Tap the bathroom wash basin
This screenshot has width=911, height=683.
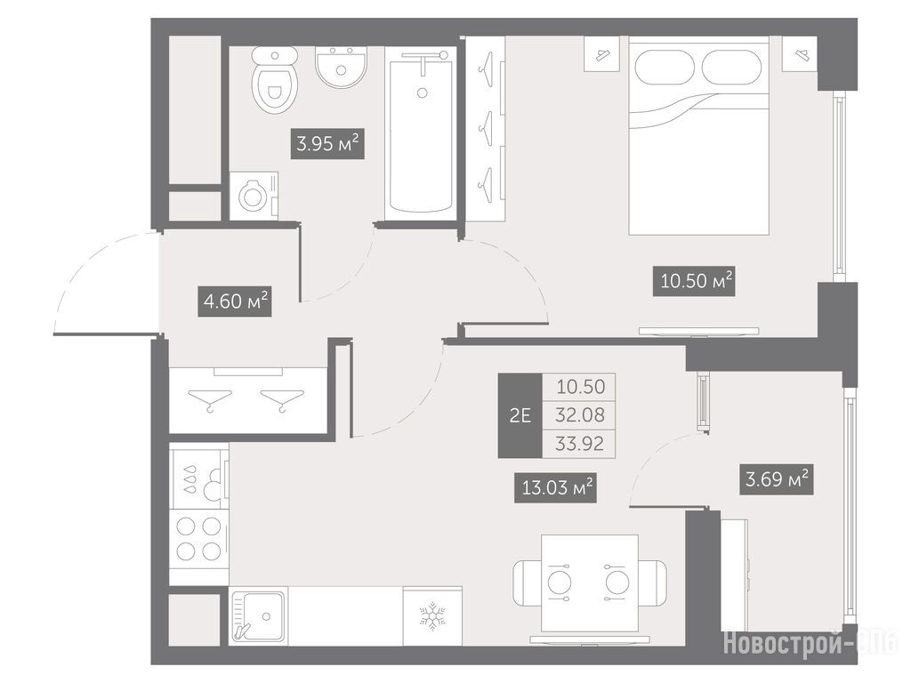pyautogui.click(x=341, y=68)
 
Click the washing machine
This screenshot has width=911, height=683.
pyautogui.click(x=254, y=196)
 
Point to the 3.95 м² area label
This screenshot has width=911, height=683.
pyautogui.click(x=327, y=143)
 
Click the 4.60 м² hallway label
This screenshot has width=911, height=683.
pyautogui.click(x=235, y=301)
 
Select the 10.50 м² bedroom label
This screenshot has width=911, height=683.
pyautogui.click(x=694, y=281)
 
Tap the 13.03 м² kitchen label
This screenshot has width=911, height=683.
pyautogui.click(x=556, y=487)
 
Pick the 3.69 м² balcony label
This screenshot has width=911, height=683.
pyautogui.click(x=776, y=479)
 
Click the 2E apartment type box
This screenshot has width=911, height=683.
pyautogui.click(x=520, y=415)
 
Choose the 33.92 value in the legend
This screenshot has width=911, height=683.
pyautogui.click(x=579, y=444)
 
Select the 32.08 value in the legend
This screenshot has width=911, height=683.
pyautogui.click(x=579, y=415)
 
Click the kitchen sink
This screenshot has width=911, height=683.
pyautogui.click(x=258, y=617)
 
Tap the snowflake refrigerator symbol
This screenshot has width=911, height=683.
pyautogui.click(x=432, y=617)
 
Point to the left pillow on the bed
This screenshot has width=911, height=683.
pyautogui.click(x=665, y=67)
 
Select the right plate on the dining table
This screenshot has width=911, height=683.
pyautogui.click(x=617, y=582)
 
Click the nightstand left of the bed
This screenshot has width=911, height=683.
pyautogui.click(x=601, y=53)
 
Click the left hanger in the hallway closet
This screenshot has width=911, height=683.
pyautogui.click(x=210, y=399)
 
